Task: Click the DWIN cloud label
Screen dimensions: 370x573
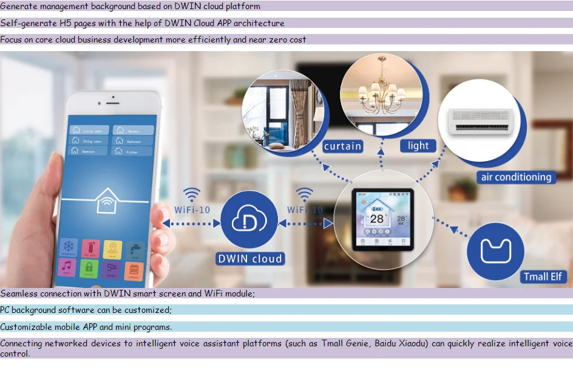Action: (x=250, y=259)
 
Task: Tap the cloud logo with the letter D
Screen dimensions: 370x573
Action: (x=249, y=221)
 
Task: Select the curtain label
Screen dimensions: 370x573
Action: (x=342, y=146)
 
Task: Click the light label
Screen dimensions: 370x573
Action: (x=418, y=146)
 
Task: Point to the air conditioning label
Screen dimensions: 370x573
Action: (x=516, y=177)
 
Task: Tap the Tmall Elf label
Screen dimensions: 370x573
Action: (x=543, y=277)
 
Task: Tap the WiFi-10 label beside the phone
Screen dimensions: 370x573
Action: (x=192, y=210)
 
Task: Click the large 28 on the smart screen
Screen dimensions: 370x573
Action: (x=378, y=219)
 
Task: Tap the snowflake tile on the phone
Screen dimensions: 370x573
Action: (x=70, y=248)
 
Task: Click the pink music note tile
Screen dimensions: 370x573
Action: (x=68, y=267)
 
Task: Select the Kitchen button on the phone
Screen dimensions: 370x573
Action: (x=132, y=151)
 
